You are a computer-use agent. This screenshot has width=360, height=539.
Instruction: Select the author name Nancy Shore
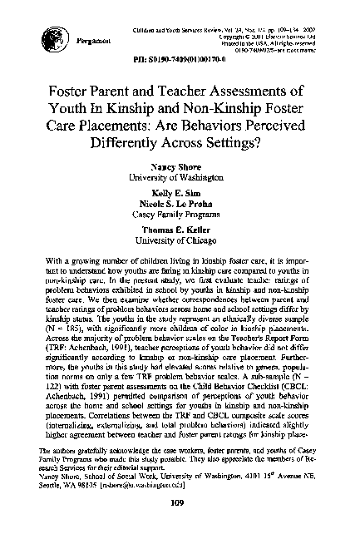coord(180,167)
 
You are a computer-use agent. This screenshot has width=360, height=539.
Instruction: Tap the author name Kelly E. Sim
coord(180,190)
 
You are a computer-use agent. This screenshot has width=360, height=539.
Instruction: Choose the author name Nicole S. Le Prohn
coord(180,200)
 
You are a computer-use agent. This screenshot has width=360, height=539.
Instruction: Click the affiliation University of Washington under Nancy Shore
coord(180,178)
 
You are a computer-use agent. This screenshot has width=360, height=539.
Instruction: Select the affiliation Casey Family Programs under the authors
coord(180,211)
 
